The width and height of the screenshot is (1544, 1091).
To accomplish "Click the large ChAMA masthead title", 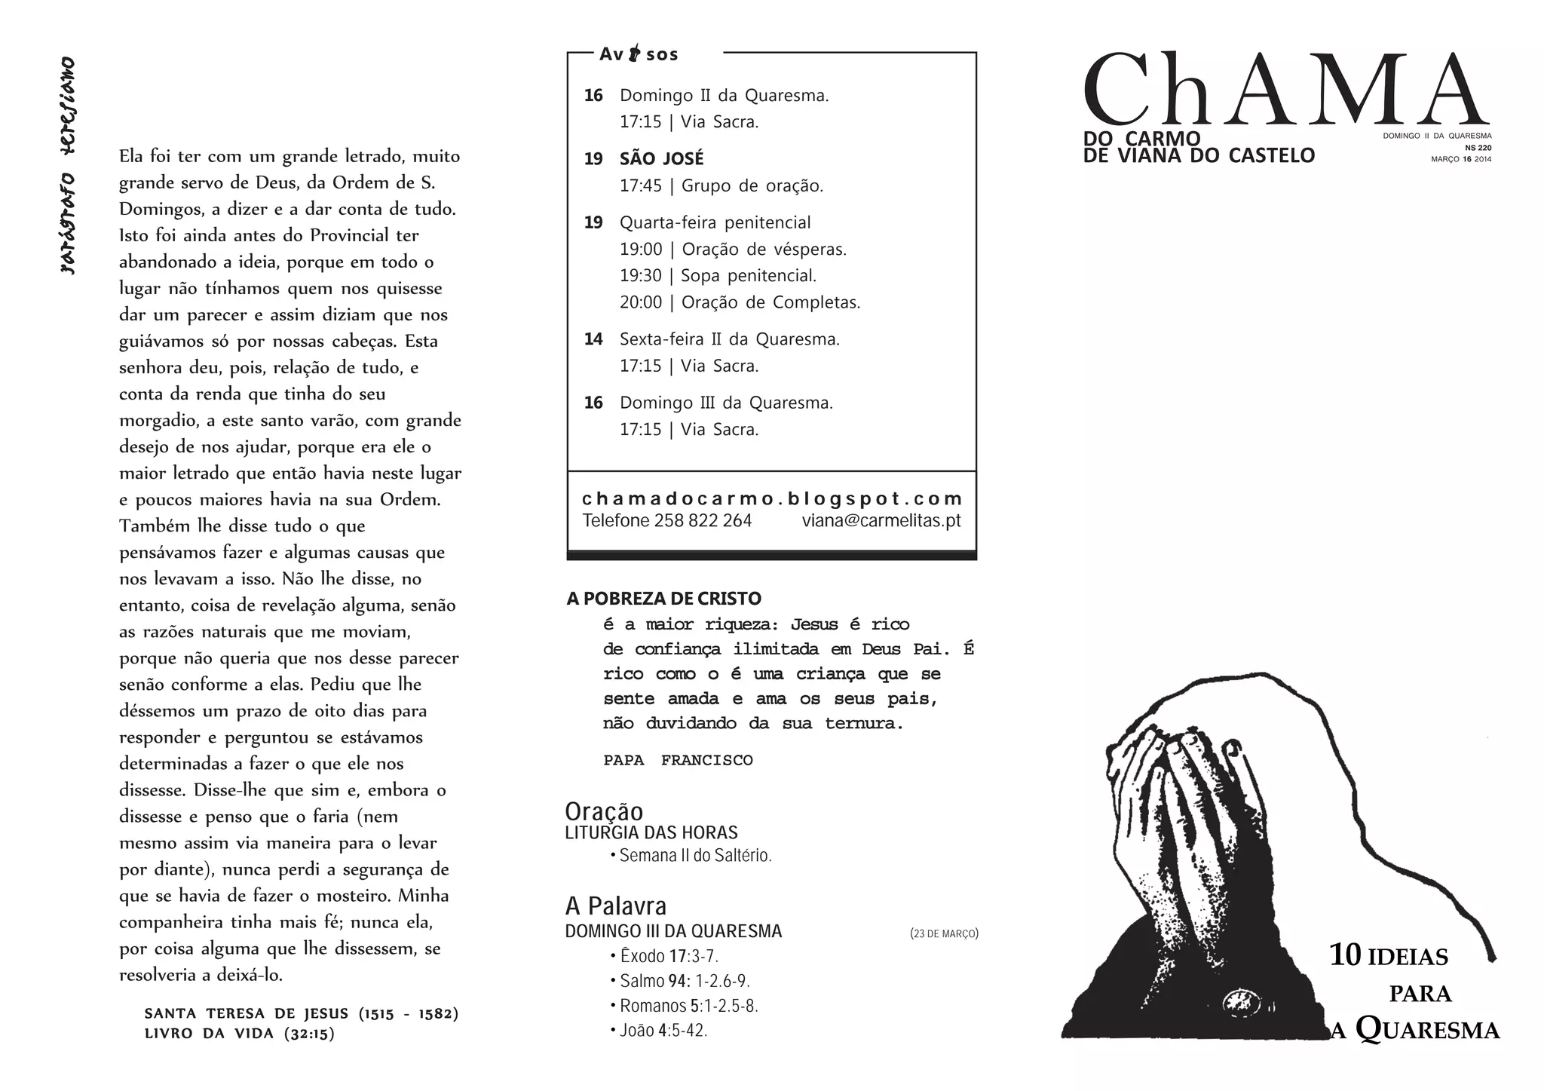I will point(1285,90).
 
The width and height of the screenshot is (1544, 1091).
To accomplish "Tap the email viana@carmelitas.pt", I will point(881,521).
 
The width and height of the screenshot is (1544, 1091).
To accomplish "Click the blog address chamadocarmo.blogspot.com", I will point(771,498).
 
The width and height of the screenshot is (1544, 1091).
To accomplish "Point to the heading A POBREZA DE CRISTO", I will point(663,599).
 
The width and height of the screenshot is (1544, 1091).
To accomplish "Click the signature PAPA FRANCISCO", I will point(678,760).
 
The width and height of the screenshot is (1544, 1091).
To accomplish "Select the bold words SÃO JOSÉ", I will point(661,159).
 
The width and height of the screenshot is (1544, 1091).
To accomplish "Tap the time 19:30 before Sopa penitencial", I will point(640,276).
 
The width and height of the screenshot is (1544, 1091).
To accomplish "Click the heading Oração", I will point(604,811).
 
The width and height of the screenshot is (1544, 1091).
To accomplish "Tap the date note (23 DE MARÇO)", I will point(944,933).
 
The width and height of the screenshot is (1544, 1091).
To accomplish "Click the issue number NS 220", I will point(1478,148).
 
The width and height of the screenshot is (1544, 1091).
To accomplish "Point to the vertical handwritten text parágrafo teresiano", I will point(68,165).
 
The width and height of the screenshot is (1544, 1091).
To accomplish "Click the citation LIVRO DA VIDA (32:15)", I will point(239,1034).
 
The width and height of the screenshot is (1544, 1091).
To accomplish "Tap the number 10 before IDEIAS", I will point(1344,955).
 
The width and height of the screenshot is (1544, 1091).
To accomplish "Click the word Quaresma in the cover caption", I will point(1427,1030).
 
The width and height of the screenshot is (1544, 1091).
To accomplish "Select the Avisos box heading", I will point(639,54).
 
